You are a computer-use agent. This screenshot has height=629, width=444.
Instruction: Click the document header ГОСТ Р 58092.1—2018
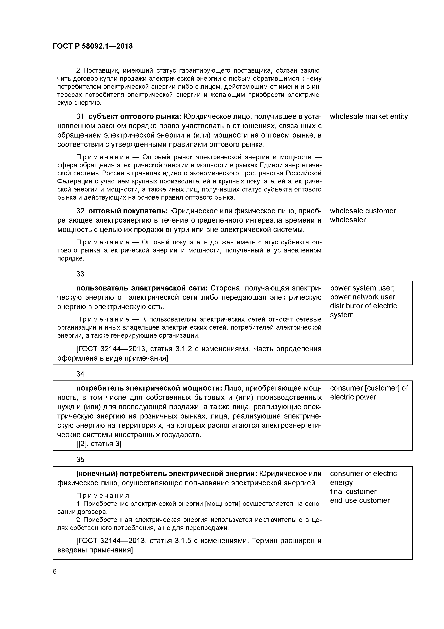click(x=93, y=46)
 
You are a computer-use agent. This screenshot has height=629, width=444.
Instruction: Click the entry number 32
click(x=80, y=211)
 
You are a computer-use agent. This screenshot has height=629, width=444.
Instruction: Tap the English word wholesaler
click(x=348, y=220)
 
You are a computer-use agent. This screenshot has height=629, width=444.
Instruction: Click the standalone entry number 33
click(x=80, y=274)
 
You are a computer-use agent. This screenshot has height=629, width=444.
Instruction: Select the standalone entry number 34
click(x=80, y=374)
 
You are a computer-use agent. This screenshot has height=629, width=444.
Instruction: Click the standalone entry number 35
click(x=80, y=459)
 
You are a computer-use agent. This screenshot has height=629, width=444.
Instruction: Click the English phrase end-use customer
click(x=359, y=500)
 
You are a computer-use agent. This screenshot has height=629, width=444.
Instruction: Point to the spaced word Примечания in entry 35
click(x=103, y=496)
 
